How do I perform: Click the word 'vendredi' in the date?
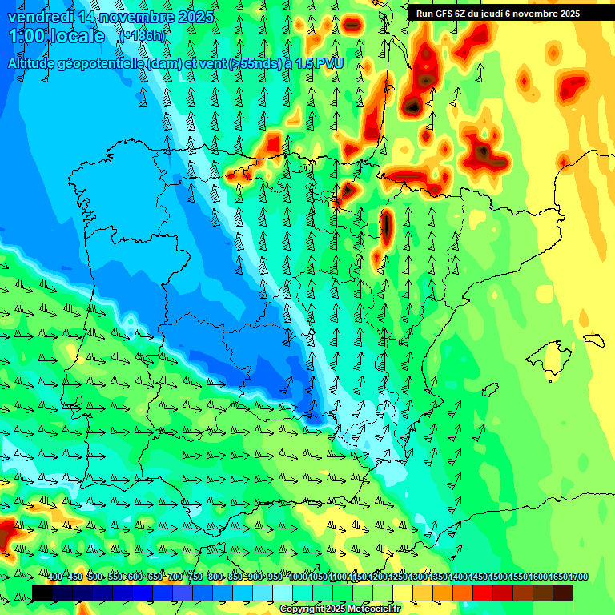pyautogui.click(x=41, y=17)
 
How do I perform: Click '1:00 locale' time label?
pyautogui.click(x=57, y=36)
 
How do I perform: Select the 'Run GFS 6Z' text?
pyautogui.click(x=444, y=13)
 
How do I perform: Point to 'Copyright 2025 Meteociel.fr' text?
pyautogui.click(x=340, y=609)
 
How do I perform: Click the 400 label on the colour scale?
pyautogui.click(x=55, y=577)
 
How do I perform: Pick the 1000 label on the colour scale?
pyautogui.click(x=298, y=577)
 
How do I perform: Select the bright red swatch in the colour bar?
pyautogui.click(x=483, y=593)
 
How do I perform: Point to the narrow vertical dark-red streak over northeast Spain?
pyautogui.click(x=386, y=227)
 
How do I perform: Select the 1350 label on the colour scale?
pyautogui.click(x=438, y=577)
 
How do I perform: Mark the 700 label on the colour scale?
pyautogui.click(x=175, y=577)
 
